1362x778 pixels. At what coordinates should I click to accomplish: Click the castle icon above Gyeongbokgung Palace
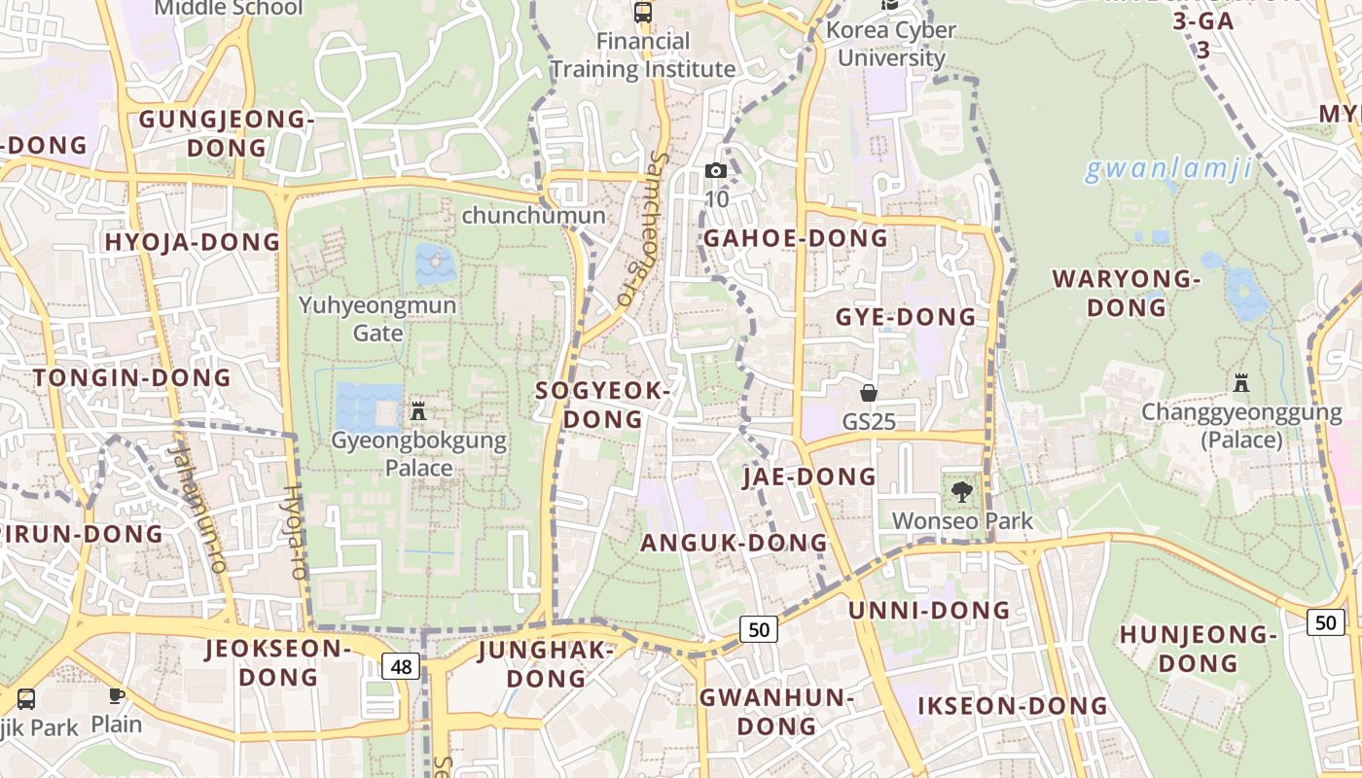[x=418, y=411]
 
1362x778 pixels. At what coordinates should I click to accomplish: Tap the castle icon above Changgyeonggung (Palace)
[x=1241, y=383]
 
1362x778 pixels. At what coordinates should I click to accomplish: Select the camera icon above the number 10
[x=716, y=171]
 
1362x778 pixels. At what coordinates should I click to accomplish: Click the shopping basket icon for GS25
[x=868, y=393]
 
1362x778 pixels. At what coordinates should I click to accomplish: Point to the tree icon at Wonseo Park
[x=962, y=492]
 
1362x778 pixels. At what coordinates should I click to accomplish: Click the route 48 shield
[x=402, y=666]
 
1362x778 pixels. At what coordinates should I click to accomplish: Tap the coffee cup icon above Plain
[x=117, y=695]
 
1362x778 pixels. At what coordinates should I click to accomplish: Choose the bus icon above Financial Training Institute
[x=642, y=13]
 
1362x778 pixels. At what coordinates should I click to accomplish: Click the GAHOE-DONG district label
[x=796, y=238]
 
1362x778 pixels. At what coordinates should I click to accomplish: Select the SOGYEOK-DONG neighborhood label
[x=604, y=405]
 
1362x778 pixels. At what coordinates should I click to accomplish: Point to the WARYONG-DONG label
[x=1127, y=293]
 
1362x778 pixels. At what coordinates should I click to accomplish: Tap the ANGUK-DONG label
[x=734, y=543]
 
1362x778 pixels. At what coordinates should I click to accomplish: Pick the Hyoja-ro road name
[x=295, y=532]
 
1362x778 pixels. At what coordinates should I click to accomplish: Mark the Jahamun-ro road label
[x=197, y=505]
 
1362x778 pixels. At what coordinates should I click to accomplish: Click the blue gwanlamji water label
[x=1167, y=169]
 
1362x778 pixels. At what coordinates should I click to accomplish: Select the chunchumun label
[x=533, y=215]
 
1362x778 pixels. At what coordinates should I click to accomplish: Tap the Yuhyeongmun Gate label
[x=377, y=319]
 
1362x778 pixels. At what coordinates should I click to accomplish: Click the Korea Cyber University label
[x=891, y=44]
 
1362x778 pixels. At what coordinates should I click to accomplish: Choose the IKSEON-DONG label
[x=1013, y=706]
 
